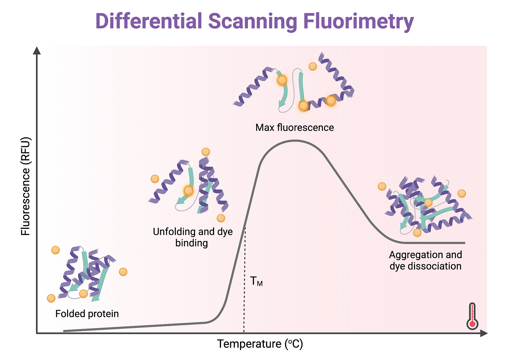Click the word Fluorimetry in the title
point(359,22)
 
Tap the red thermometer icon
point(472,317)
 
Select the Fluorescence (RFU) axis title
point(25,186)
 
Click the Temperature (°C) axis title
point(260,344)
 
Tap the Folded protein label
point(87,314)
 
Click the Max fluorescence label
point(295,128)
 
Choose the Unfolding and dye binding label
point(192,237)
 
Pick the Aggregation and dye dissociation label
point(425,260)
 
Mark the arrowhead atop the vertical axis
point(37,51)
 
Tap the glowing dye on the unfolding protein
point(189,191)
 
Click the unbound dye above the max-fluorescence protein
point(313,67)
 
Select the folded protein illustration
point(87,273)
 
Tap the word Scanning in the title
point(253,22)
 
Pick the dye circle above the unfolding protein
point(206,152)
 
